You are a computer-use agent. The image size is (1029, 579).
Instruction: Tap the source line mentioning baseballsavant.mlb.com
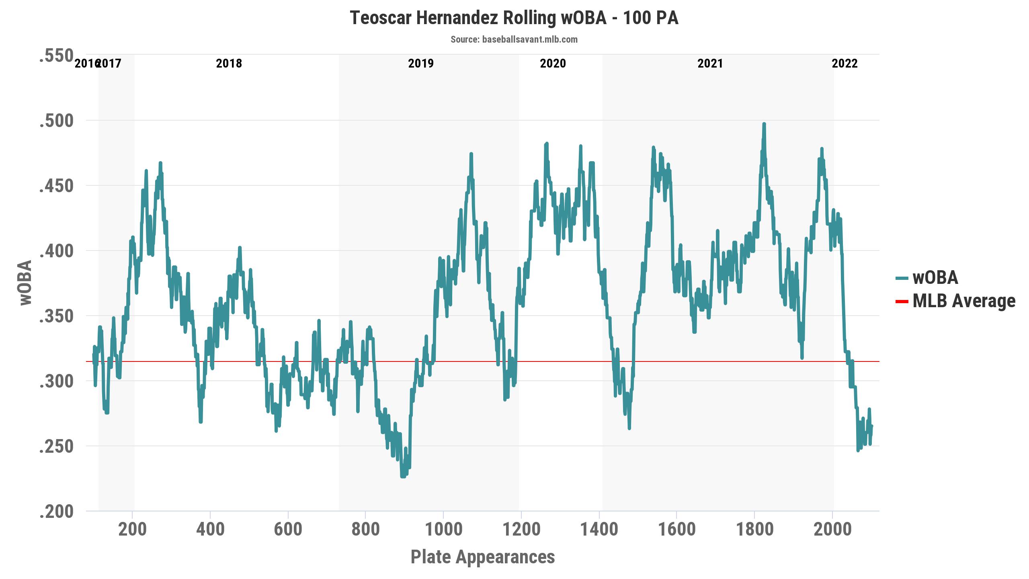coord(514,39)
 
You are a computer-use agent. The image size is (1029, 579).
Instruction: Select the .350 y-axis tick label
coord(56,316)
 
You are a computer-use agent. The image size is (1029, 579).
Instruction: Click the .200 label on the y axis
coord(56,512)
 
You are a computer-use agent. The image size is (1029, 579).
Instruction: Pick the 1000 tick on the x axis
coord(443,529)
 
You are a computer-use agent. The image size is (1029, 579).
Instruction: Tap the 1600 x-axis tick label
coord(676,529)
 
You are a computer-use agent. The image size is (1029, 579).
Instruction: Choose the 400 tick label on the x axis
coord(210,529)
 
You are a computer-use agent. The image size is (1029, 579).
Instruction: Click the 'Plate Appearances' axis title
coord(483,557)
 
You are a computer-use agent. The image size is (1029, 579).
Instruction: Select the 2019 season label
coord(421,64)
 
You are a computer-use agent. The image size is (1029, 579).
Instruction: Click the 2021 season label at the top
coord(710,64)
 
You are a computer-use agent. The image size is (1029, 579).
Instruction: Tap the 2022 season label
coord(845,64)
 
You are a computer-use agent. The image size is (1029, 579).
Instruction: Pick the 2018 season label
coord(229,64)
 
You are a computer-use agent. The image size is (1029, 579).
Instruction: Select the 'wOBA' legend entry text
coord(935,278)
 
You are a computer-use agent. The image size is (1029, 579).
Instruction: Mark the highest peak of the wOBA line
coord(764,124)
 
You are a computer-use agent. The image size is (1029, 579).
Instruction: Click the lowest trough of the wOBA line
coord(403,476)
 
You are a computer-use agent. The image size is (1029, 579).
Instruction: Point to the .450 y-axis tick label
coord(56,186)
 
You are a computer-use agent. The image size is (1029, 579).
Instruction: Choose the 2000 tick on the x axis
coord(832,529)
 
